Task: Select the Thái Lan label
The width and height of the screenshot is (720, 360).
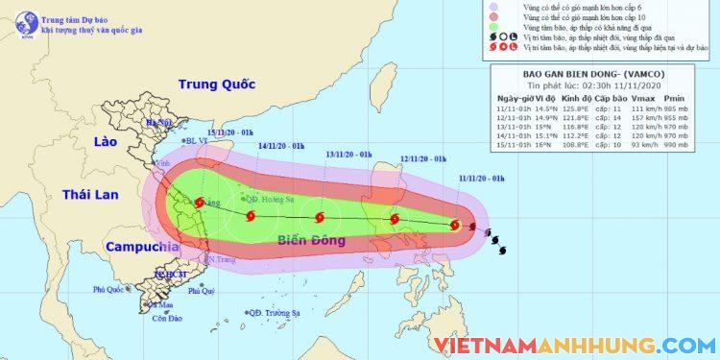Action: pyautogui.click(x=90, y=194)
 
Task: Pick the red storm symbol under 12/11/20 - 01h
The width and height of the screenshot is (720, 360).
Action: pyautogui.click(x=395, y=220)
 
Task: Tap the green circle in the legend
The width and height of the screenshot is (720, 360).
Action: pyautogui.click(x=508, y=30)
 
